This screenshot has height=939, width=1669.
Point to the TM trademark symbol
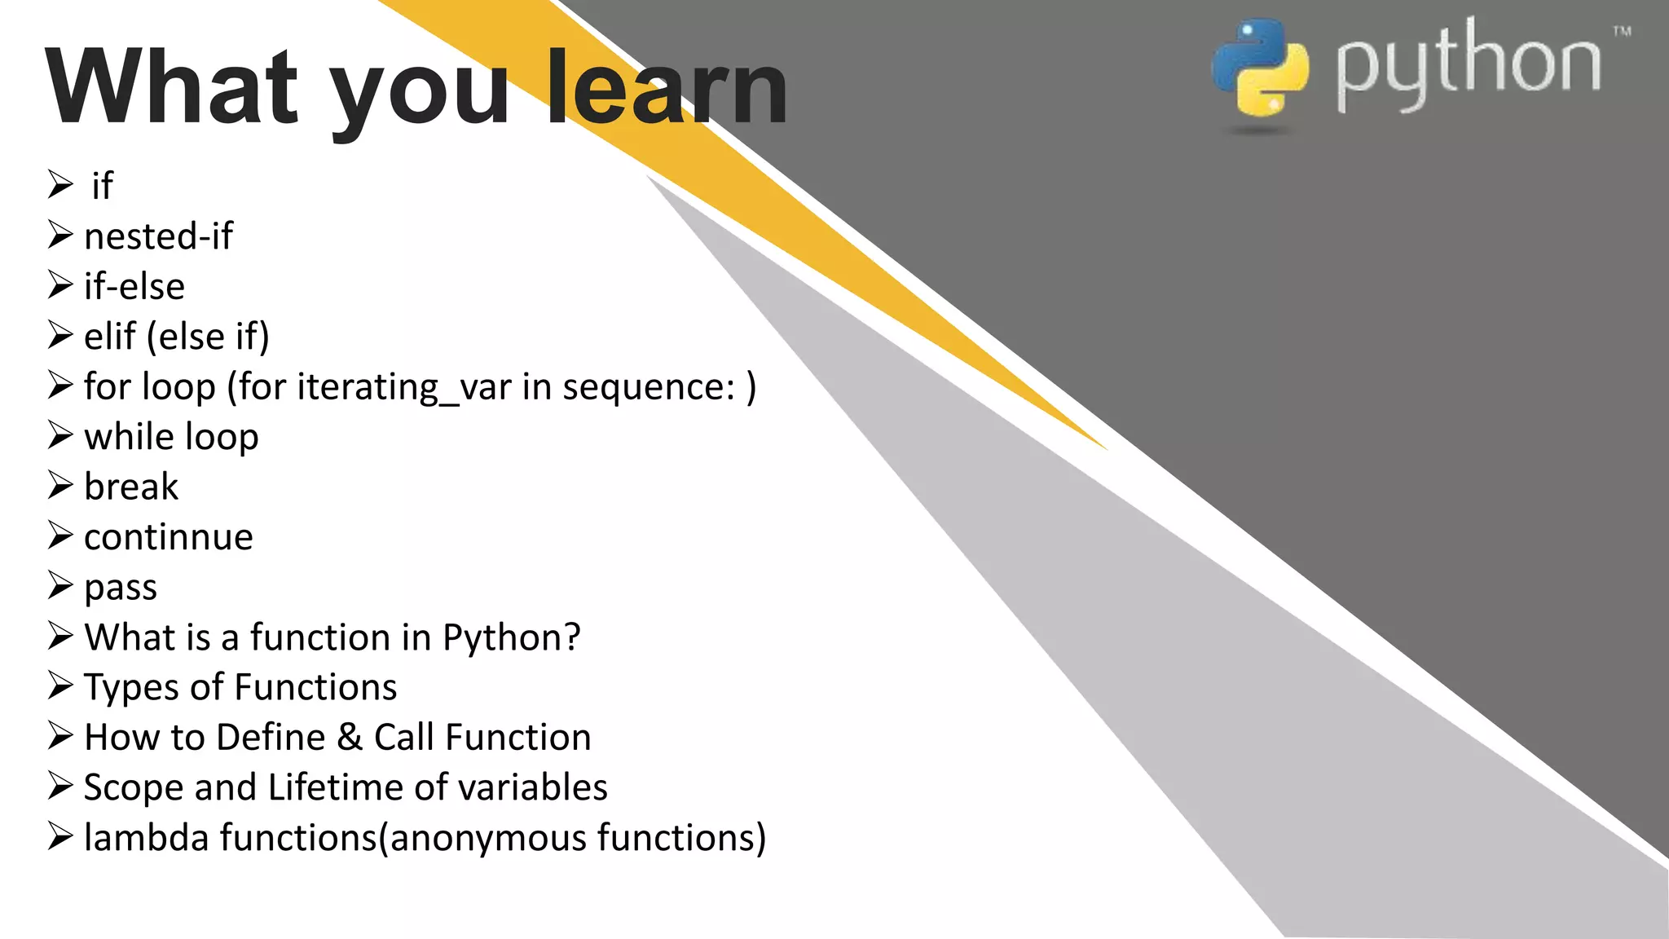pyautogui.click(x=1622, y=32)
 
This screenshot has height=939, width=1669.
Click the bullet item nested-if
pyautogui.click(x=158, y=236)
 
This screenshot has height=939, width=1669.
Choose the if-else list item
pyautogui.click(x=134, y=286)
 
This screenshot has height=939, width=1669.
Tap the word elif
pyautogui.click(x=110, y=336)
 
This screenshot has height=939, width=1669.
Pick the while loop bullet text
pyautogui.click(x=171, y=436)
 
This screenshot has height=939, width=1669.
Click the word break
pyautogui.click(x=130, y=487)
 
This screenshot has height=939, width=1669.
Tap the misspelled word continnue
pyautogui.click(x=168, y=537)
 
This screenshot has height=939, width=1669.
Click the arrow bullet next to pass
pyautogui.click(x=60, y=585)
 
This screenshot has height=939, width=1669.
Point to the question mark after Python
pyautogui.click(x=572, y=637)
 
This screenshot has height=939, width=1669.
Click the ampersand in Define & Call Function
pyautogui.click(x=349, y=737)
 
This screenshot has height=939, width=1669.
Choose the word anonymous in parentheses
pyautogui.click(x=489, y=838)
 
